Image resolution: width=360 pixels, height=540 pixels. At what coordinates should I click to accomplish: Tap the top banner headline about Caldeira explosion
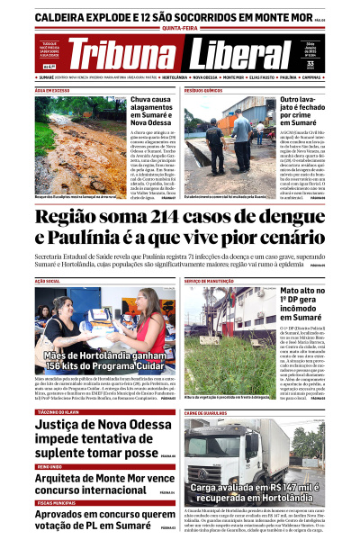point(171,16)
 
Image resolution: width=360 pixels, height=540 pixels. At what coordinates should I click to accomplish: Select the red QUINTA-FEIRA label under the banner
point(179,29)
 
